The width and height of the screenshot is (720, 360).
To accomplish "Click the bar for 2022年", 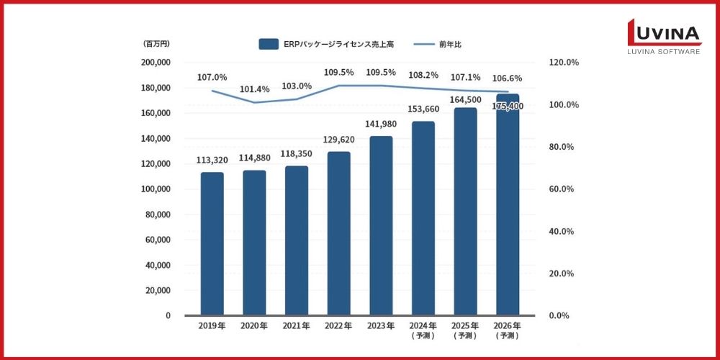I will [338, 233].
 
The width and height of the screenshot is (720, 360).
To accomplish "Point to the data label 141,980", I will [380, 125].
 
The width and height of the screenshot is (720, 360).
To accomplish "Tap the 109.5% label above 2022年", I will [339, 73].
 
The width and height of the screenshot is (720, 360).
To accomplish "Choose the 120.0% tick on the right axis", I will [564, 63].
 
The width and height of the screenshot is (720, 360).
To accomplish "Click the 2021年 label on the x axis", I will [296, 326].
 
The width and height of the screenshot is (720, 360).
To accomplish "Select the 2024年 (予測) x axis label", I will [423, 330].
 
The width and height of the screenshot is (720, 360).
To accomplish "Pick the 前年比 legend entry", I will [439, 45].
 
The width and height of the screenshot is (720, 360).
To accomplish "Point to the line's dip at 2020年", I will [254, 102].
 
